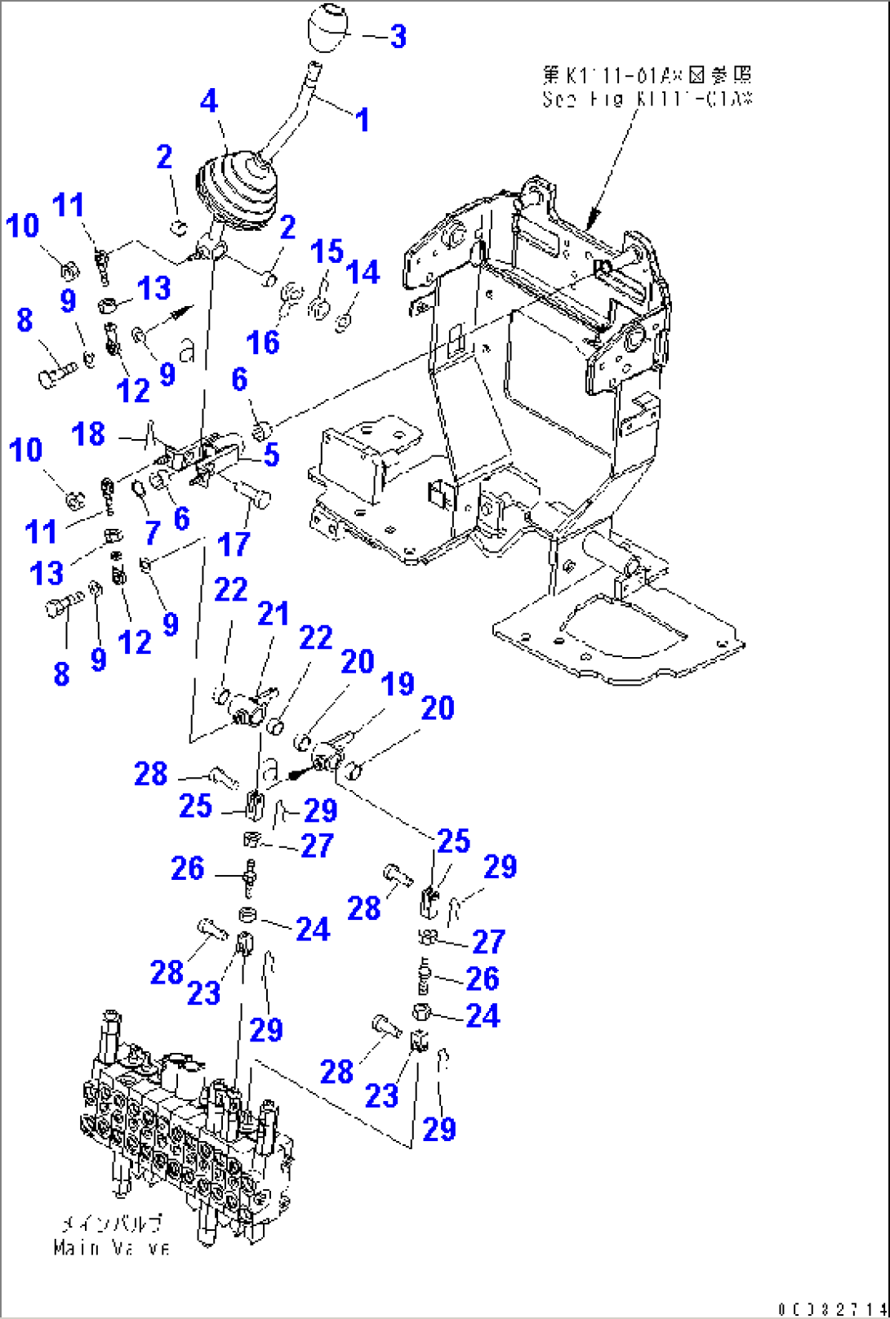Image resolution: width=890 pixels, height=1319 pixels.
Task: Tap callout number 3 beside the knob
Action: (398, 37)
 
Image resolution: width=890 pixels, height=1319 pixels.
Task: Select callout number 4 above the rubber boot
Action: (209, 101)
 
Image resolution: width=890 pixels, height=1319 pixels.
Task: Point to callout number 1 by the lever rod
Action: (362, 121)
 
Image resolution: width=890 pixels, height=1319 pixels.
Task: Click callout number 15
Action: (327, 251)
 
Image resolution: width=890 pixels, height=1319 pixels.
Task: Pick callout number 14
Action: (363, 273)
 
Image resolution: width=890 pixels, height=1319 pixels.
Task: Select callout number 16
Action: (263, 343)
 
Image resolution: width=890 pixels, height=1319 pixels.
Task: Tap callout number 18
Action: (88, 434)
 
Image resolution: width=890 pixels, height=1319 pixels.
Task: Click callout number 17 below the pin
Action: (234, 544)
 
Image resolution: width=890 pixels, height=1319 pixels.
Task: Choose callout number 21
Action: (273, 614)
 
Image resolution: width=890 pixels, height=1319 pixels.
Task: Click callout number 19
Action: (398, 684)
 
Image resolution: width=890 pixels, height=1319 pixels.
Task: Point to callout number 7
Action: (153, 533)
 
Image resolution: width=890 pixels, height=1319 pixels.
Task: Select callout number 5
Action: (271, 455)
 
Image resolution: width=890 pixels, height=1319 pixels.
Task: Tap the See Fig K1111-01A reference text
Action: (646, 87)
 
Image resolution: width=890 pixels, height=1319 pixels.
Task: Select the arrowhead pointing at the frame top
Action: (592, 217)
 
